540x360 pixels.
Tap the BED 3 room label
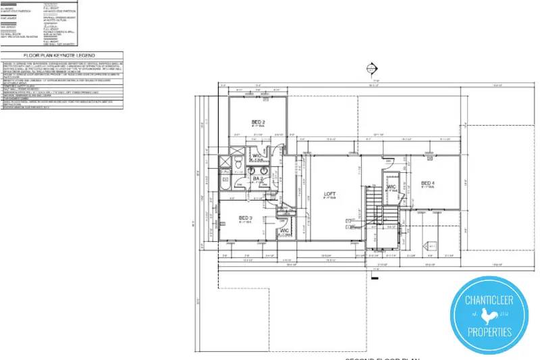coord(245,217)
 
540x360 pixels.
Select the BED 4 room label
coord(428,183)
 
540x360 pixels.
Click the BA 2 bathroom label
coord(257,179)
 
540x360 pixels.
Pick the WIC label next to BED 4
coord(391,187)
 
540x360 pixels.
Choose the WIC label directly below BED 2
coord(257,157)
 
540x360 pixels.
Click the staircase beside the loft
coord(373,205)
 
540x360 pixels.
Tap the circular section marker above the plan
coord(369,68)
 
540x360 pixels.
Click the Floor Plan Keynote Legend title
coord(61,55)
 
